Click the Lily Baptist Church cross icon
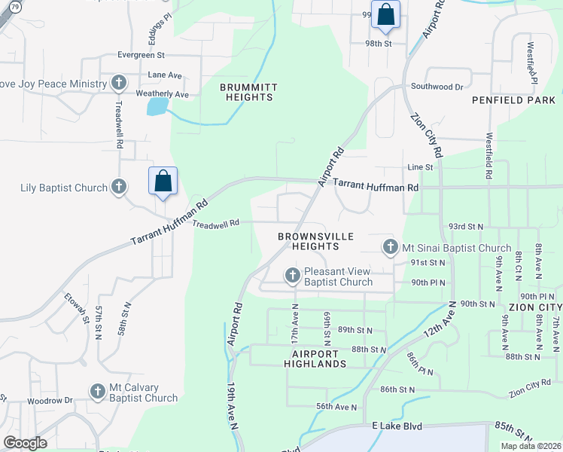(x=118, y=186)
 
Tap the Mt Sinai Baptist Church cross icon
(x=390, y=247)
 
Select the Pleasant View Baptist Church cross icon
(x=293, y=276)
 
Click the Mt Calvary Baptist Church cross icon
(x=97, y=392)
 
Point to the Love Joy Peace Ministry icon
(x=118, y=83)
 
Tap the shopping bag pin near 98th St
(x=385, y=15)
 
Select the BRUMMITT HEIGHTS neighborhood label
(x=248, y=93)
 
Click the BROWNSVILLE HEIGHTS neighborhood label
(x=315, y=241)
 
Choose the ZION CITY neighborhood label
(x=535, y=308)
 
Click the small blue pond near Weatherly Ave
(x=157, y=106)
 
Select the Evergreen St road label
(x=141, y=55)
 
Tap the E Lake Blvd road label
(x=395, y=426)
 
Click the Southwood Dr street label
(x=437, y=87)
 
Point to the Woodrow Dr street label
(x=50, y=401)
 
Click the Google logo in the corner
(x=25, y=443)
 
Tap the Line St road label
(x=420, y=167)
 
